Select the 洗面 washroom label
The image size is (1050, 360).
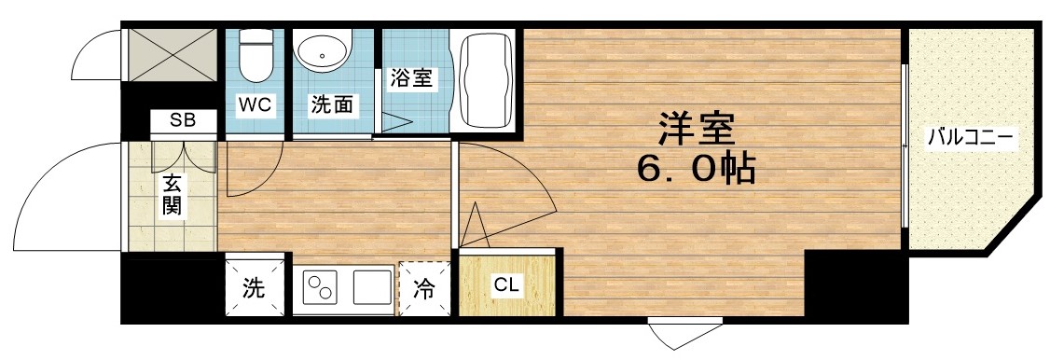pos(331,105)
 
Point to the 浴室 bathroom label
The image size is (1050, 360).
pos(410,77)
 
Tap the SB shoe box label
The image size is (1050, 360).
pos(183,120)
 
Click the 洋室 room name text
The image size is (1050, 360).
pos(696,129)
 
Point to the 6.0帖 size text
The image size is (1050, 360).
pos(695,169)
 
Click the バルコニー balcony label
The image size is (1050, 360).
pos(971,138)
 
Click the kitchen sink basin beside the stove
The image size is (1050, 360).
pos(372,287)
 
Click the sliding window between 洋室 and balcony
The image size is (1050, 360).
pos(905,145)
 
